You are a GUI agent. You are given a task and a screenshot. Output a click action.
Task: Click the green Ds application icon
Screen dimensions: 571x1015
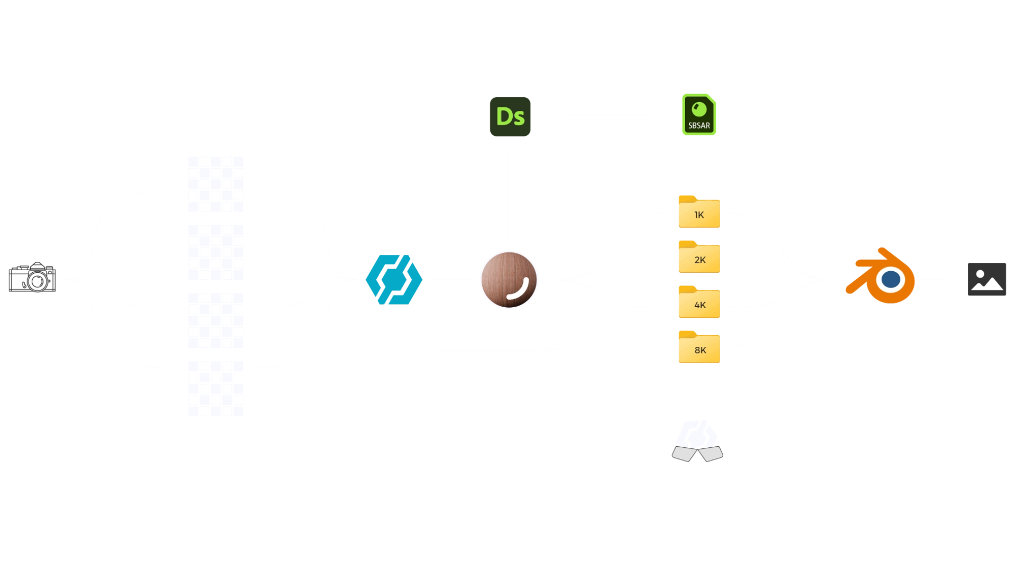[x=509, y=116]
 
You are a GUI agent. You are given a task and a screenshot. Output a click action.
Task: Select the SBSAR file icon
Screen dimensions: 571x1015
[x=699, y=114]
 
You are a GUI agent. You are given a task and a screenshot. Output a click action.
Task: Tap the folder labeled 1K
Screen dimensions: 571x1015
[x=699, y=213]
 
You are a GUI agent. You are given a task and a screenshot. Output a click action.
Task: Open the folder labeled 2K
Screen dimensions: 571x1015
[x=699, y=257]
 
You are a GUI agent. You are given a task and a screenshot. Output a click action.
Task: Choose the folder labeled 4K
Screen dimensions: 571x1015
[x=699, y=303]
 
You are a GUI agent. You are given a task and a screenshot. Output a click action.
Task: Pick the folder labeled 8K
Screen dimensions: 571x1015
[x=699, y=348]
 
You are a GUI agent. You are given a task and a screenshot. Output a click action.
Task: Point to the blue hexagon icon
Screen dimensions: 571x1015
[x=394, y=279]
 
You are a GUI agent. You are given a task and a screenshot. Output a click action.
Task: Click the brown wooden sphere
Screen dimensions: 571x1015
[x=509, y=280]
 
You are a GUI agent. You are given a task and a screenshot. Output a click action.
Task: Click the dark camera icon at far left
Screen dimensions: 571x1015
[x=34, y=277]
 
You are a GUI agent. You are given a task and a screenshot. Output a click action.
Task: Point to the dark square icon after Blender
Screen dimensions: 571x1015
[x=985, y=279]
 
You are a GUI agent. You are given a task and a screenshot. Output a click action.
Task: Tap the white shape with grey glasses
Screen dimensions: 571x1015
[x=697, y=449]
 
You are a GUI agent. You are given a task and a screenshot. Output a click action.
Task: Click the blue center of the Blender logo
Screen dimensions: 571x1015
[x=891, y=279]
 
